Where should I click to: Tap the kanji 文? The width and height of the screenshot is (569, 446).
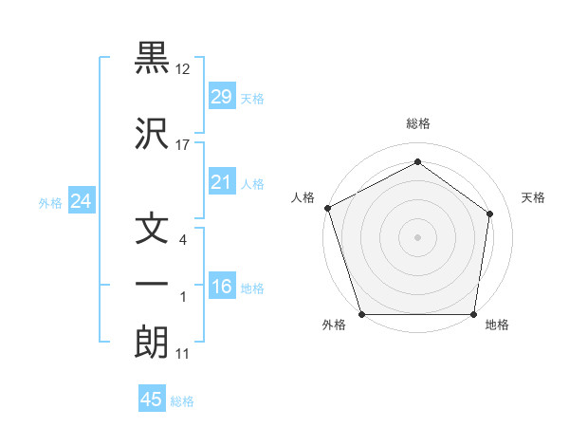point(152,231)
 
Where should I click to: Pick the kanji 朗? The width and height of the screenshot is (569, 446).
point(152,342)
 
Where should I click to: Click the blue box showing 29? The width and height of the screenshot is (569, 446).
point(221,98)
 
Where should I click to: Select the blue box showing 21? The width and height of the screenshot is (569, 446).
point(221,183)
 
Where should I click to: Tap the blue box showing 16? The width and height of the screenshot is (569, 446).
point(221,288)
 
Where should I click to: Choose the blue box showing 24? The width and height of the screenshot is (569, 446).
point(81,201)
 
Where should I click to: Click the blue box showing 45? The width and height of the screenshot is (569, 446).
point(152,400)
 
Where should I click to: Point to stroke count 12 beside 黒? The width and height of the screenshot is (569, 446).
point(184,69)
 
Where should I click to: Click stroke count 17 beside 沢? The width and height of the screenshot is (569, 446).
point(184,144)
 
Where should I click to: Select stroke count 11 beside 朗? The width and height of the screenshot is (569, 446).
point(184,354)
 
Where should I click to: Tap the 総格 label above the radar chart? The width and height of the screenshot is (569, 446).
point(418,123)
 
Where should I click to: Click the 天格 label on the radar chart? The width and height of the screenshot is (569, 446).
point(533,197)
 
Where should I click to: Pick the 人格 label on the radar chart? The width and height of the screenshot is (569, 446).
point(303,197)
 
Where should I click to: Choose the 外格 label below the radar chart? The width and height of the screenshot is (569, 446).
point(334,325)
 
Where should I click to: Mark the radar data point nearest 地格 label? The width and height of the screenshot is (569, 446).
point(474,314)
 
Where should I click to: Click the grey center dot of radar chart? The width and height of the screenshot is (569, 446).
point(418,236)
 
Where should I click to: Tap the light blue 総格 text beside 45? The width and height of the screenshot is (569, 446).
point(182,400)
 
